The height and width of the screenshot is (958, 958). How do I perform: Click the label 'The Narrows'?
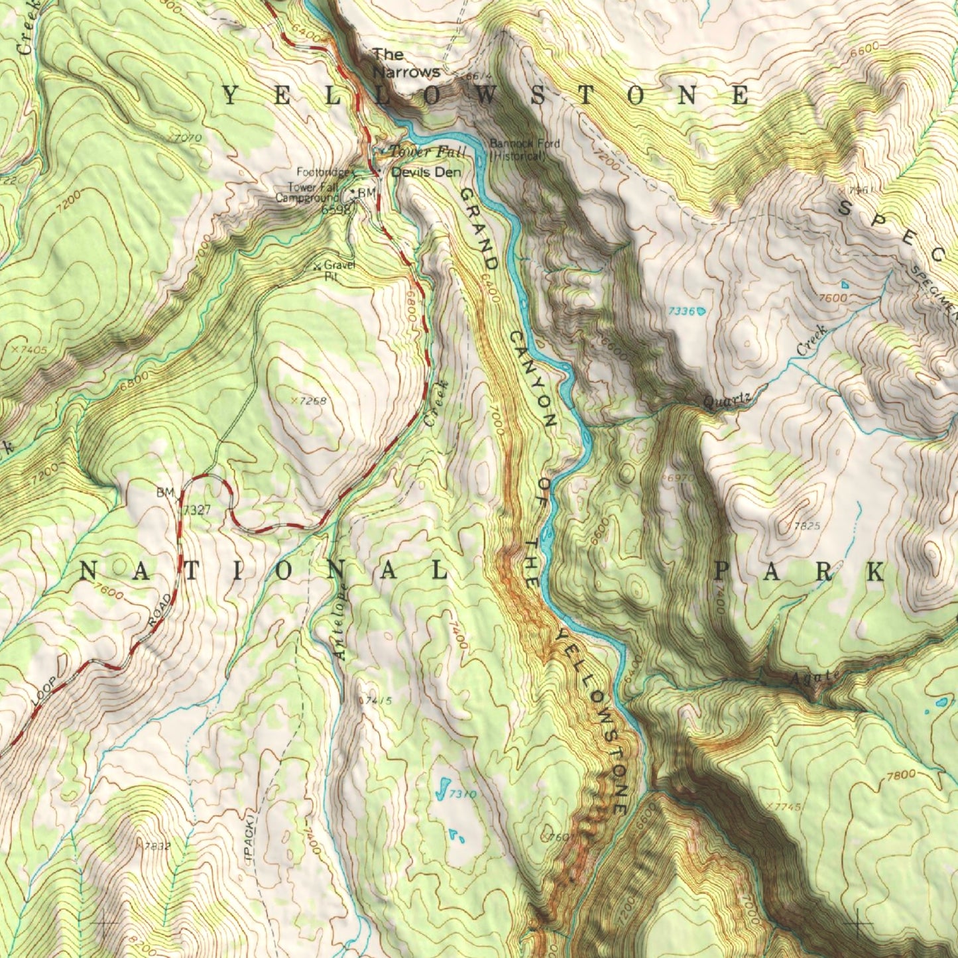click(x=406, y=63)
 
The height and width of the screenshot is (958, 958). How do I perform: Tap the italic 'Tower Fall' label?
click(x=428, y=152)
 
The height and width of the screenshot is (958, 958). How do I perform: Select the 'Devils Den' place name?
click(x=426, y=172)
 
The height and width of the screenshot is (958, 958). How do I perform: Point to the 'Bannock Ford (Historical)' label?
click(x=524, y=150)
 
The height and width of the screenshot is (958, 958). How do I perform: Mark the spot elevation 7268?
click(x=312, y=401)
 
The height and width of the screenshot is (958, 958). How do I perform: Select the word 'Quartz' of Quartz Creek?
click(x=727, y=400)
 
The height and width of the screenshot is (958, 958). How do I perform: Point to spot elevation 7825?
click(x=806, y=526)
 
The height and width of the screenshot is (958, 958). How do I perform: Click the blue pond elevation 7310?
click(x=462, y=794)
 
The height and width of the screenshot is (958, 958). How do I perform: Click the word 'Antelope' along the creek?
click(x=341, y=621)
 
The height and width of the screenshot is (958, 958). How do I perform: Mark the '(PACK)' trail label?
click(x=250, y=836)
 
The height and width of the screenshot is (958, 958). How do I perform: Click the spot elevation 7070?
click(x=186, y=138)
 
